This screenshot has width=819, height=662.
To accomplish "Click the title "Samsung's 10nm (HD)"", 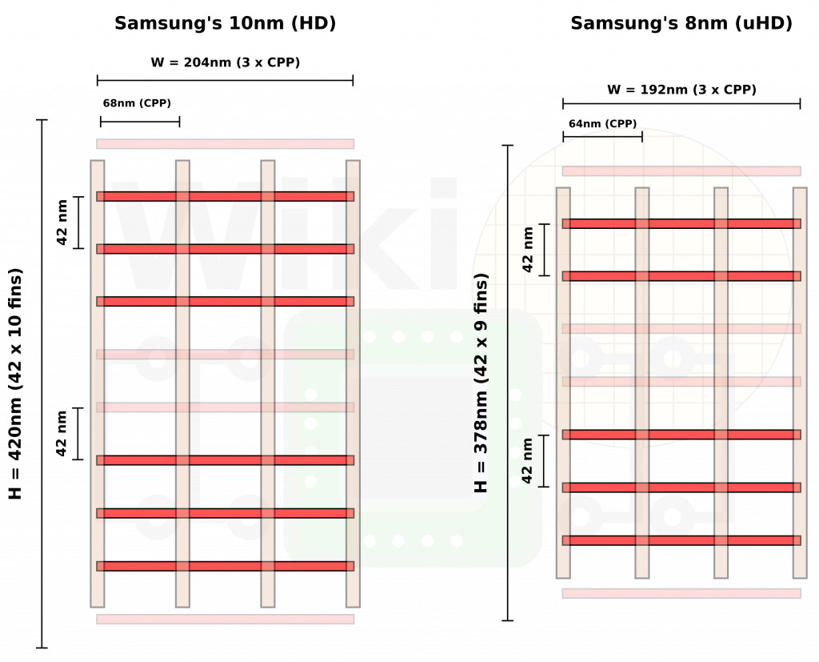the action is tap(225, 23).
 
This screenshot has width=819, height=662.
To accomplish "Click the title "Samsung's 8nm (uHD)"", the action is tap(681, 23).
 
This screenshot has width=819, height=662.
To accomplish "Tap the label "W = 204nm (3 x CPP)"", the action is tap(225, 62).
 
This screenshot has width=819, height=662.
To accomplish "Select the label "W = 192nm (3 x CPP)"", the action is tap(681, 90).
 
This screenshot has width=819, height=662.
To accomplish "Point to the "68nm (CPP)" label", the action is tap(137, 103).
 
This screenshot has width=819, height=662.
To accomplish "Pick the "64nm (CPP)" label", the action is tap(603, 124).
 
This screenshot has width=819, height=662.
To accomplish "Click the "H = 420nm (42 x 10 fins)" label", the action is tap(15, 383).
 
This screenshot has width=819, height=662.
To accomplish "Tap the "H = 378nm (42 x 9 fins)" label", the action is tap(481, 383).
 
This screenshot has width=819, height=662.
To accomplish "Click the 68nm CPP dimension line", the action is tap(140, 122).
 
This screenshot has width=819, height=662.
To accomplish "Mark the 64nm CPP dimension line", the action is tap(603, 136).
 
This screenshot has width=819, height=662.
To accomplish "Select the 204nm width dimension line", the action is tap(225, 81).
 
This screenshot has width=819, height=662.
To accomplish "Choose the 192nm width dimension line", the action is tap(681, 103).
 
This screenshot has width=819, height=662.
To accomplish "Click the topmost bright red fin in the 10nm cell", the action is tap(225, 197).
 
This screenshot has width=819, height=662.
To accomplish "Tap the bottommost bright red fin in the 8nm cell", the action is tap(681, 540).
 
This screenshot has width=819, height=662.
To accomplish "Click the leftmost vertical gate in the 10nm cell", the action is tap(98, 383).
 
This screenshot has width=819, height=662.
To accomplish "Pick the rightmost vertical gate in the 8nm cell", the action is tap(800, 383).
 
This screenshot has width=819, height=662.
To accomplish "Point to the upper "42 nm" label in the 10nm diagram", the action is tap(62, 223).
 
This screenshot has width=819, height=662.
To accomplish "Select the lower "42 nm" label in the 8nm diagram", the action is tap(527, 461).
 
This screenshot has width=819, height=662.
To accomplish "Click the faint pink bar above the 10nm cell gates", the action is tap(225, 144).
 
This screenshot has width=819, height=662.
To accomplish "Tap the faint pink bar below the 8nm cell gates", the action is tap(681, 593).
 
